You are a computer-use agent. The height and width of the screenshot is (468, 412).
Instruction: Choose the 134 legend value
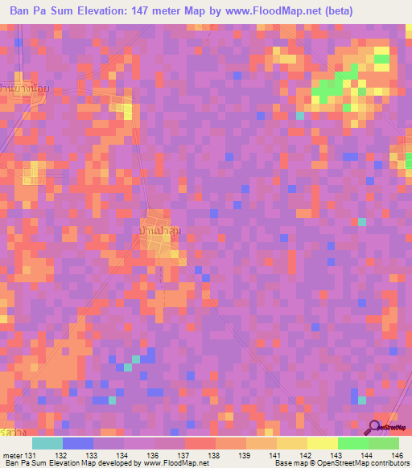(x=123, y=455)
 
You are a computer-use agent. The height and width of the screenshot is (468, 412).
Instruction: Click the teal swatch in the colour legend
(x=47, y=443)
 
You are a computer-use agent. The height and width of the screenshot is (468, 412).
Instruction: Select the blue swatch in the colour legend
(x=78, y=443)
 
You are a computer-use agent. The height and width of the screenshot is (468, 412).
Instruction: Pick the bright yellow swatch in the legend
(x=322, y=443)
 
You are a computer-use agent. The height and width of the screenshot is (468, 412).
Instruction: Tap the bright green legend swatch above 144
(x=352, y=443)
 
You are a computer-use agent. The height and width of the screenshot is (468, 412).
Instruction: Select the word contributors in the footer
(x=388, y=464)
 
